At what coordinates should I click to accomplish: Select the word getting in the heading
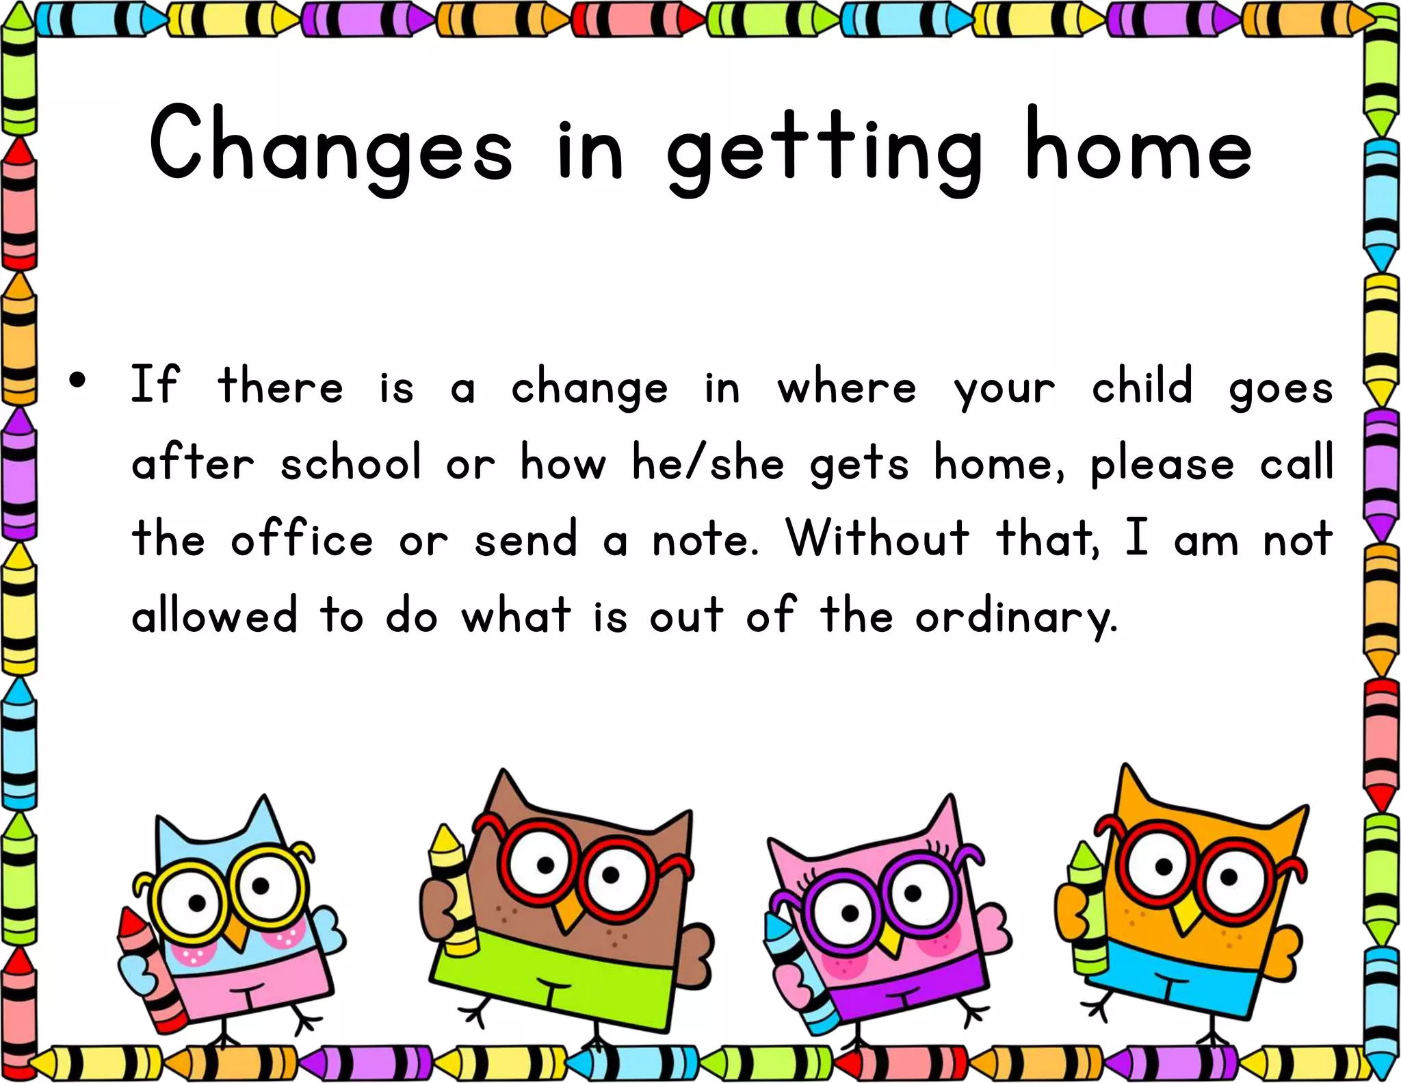824,151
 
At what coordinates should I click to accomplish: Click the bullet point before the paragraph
78,381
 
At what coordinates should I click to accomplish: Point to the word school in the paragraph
351,462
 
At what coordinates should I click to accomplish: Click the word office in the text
302,539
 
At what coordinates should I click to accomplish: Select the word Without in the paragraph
878,539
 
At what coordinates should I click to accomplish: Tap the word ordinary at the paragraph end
1015,616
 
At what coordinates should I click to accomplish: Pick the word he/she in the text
708,463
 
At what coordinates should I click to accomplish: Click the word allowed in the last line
215,615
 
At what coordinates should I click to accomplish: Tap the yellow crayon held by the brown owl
455,890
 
